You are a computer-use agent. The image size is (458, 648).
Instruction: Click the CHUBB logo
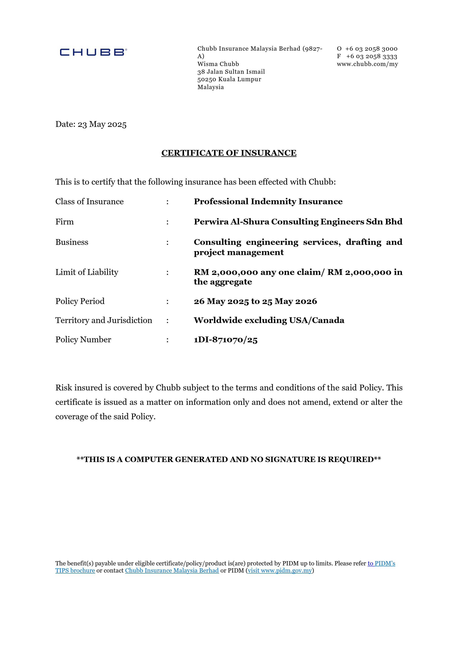pos(93,52)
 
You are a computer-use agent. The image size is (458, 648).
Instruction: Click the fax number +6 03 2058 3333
pos(371,56)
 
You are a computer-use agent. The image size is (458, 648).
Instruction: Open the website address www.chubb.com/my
pos(367,64)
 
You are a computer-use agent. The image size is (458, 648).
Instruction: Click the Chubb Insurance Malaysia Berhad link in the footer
pos(172,570)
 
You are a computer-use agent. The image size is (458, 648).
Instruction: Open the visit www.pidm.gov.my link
pos(280,570)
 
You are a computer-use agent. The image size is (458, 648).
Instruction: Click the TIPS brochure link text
pos(75,570)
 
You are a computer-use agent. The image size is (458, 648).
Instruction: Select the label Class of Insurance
pos(90,202)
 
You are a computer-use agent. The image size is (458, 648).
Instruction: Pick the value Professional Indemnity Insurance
pos(268,202)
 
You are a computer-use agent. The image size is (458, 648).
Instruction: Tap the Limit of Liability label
pos(87,272)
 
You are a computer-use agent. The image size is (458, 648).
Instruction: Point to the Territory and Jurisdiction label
pos(104,320)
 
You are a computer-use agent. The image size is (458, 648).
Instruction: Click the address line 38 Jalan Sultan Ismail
pos(231,72)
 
